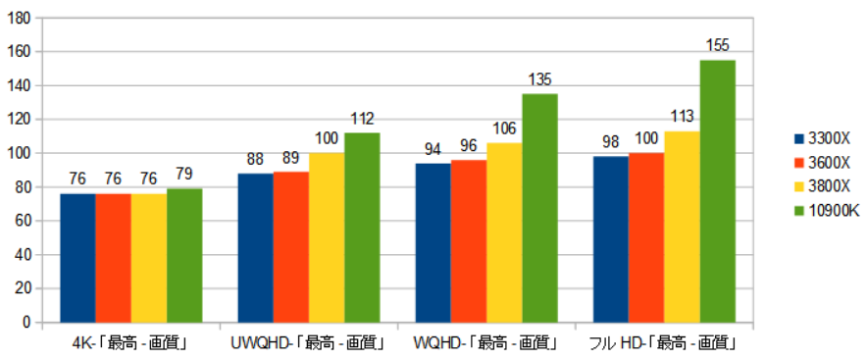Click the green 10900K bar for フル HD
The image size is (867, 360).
pos(717,191)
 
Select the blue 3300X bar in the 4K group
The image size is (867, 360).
pos(77,258)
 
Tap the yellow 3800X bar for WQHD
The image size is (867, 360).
pos(504,232)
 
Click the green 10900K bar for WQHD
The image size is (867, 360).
pos(539,208)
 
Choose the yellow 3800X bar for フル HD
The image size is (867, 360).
pos(682,227)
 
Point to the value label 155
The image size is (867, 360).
pos(717,45)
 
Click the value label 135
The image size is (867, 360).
pos(539,79)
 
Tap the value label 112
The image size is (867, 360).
pos(362,119)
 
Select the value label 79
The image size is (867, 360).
pos(184,175)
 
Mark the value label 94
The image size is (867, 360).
pos(433,149)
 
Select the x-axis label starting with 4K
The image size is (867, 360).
pos(130,343)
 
